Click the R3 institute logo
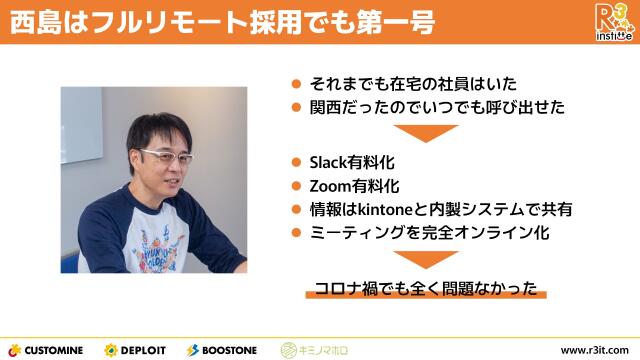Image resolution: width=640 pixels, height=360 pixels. (x=613, y=22)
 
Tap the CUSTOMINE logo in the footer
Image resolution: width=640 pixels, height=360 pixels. (x=48, y=349)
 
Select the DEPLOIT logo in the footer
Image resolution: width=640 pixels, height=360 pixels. (x=138, y=349)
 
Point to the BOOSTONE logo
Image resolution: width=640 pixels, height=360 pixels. (x=221, y=349)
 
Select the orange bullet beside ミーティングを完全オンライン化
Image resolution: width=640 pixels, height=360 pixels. (x=296, y=233)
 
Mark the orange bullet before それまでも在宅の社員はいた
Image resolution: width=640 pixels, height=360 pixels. (x=296, y=84)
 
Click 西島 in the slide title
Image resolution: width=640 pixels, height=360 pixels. (x=29, y=22)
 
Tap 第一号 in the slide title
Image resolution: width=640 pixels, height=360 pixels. (x=399, y=22)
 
